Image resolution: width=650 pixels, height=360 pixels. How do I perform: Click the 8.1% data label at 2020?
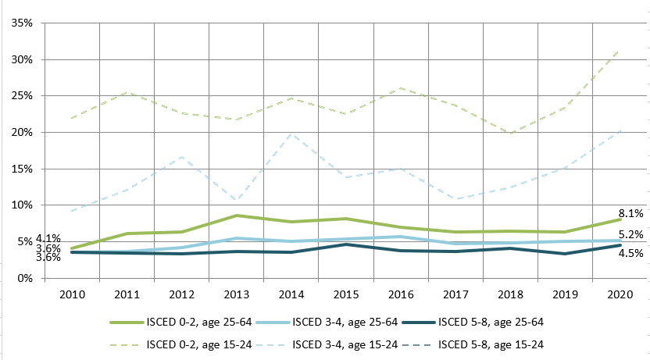click(631, 212)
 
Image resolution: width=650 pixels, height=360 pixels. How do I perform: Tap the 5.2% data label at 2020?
click(631, 234)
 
